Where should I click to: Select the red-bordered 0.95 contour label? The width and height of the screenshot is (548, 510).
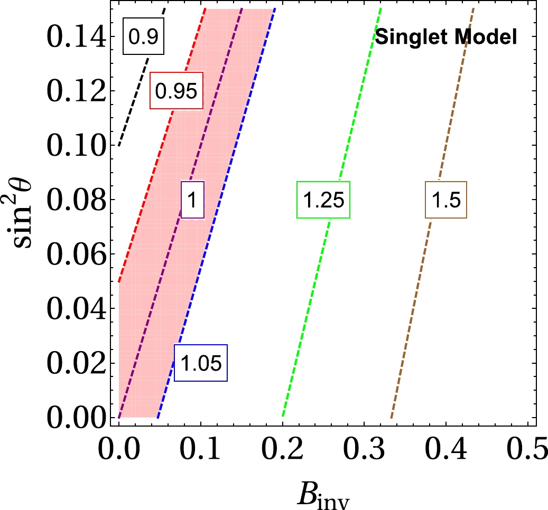coord(177,90)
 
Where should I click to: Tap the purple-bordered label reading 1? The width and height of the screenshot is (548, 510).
coord(192,200)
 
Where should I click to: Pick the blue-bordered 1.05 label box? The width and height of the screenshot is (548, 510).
coord(201,363)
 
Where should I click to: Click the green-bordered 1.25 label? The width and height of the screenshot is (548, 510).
coord(323,200)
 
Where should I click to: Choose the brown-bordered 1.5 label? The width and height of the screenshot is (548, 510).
coord(447,200)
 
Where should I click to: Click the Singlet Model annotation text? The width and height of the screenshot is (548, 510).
coord(445,37)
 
